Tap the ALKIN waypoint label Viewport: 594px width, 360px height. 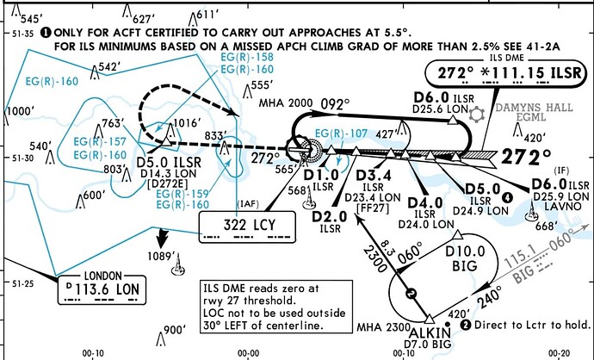[427, 332]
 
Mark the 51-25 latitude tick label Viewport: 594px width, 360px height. [21, 282]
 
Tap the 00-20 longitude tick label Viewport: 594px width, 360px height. [563, 352]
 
